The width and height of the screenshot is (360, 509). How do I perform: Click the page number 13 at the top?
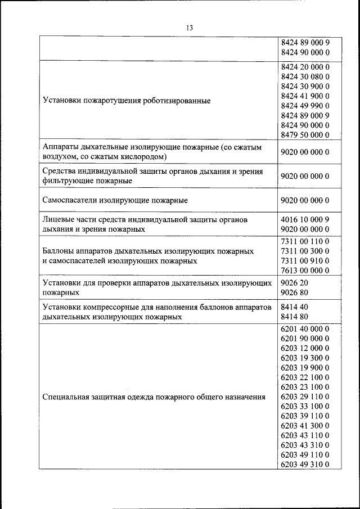(x=189, y=28)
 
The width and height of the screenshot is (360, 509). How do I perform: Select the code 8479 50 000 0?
(x=304, y=134)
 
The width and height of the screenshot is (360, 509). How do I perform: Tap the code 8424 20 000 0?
(x=304, y=67)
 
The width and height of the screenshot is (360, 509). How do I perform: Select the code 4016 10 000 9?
(x=304, y=219)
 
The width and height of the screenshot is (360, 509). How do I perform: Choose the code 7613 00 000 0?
(x=304, y=271)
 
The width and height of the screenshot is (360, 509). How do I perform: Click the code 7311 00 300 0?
(x=304, y=251)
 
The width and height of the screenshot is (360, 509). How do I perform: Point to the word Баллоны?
(x=59, y=251)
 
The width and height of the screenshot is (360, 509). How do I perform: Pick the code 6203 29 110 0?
(x=304, y=397)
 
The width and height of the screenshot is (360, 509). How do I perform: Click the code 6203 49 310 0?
(x=304, y=464)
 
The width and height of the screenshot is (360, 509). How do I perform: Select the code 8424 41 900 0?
(x=304, y=96)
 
